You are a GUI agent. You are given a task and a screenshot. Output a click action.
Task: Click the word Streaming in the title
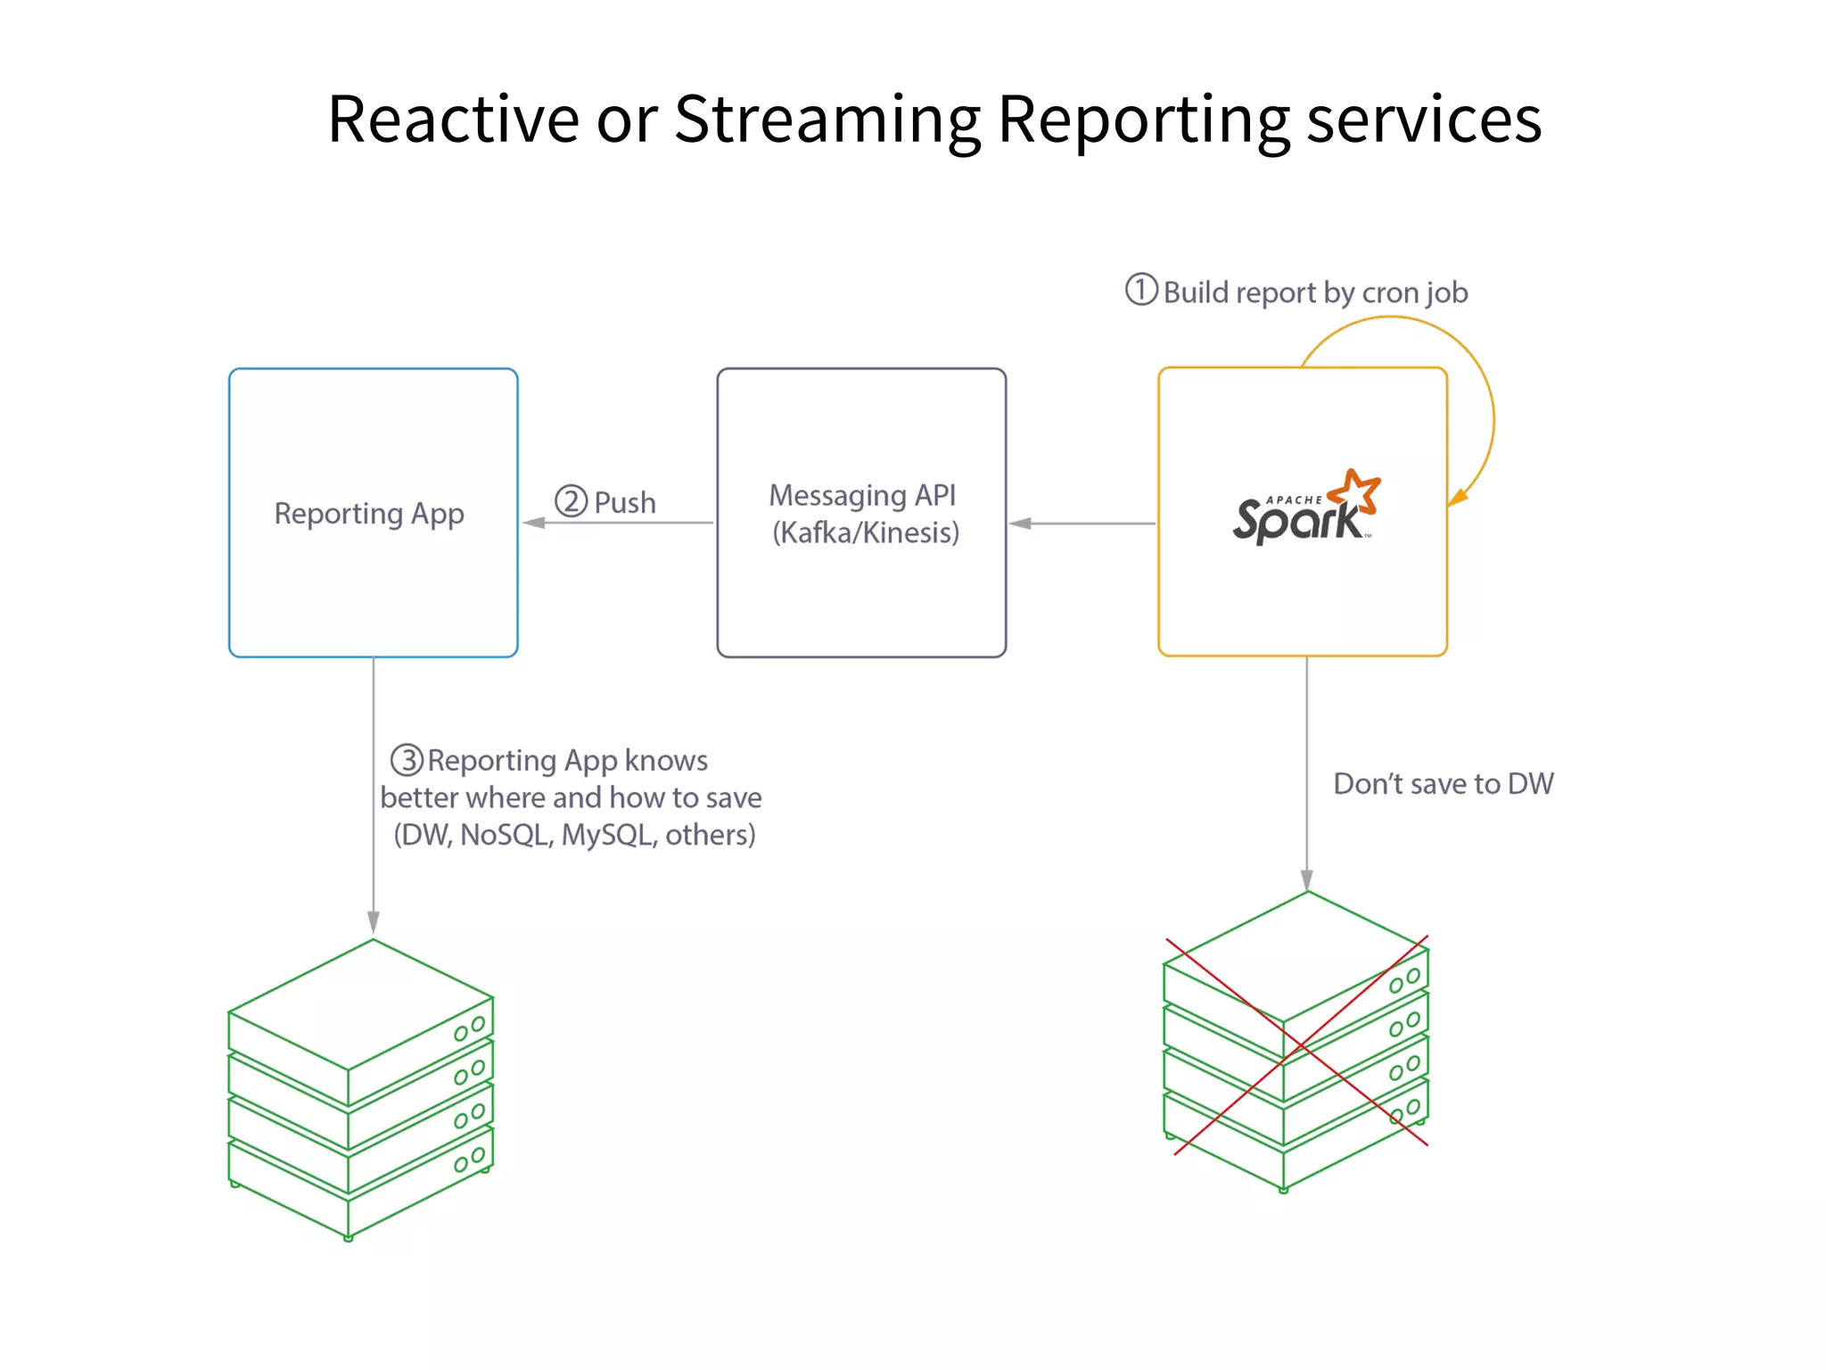[x=827, y=120]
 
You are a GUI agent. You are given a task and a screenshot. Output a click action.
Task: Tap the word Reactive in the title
[x=453, y=119]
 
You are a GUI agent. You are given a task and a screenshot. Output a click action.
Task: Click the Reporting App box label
[x=369, y=514]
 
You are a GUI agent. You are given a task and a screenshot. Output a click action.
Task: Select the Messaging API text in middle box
[x=862, y=495]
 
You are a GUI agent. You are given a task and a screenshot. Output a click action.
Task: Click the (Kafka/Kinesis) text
[x=866, y=532]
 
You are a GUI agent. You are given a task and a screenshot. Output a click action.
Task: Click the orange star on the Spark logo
[x=1355, y=492]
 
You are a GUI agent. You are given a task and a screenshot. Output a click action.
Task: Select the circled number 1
[x=1141, y=290]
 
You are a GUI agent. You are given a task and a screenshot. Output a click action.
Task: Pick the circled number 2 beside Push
[x=572, y=501]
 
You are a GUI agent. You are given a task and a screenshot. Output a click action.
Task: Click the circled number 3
[x=407, y=760]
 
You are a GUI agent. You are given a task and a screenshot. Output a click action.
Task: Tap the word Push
[x=625, y=503]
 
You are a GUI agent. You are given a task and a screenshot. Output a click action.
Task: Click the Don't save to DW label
[x=1443, y=784]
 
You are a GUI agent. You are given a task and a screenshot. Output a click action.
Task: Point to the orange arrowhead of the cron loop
[x=1457, y=498]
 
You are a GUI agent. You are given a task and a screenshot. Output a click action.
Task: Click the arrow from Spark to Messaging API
[x=1082, y=524]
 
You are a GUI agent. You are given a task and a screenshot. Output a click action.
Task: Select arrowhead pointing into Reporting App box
[x=534, y=523]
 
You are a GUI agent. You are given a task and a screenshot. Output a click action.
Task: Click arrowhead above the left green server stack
[x=374, y=922]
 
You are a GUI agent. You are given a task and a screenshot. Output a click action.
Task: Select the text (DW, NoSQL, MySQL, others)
[x=574, y=835]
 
